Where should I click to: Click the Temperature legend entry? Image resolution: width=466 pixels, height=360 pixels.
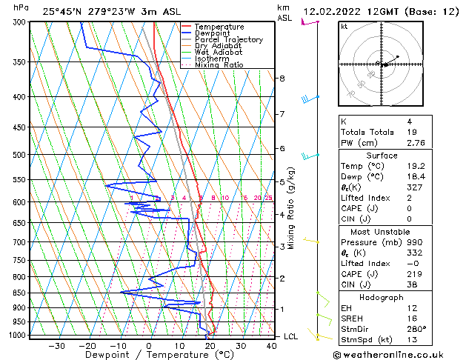220,27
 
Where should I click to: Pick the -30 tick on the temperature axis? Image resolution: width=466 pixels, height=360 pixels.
57,345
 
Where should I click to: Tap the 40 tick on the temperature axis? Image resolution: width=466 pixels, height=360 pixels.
271,345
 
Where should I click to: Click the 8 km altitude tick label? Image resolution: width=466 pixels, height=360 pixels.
282,79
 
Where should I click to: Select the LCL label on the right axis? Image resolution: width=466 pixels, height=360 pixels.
291,336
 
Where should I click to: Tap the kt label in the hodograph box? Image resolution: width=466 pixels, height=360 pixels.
344,27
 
